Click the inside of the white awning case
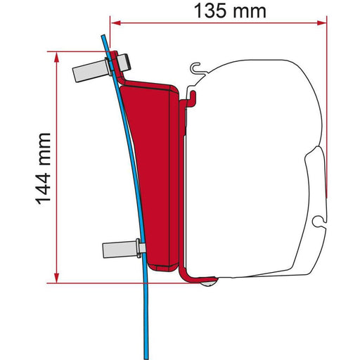[253, 169]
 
